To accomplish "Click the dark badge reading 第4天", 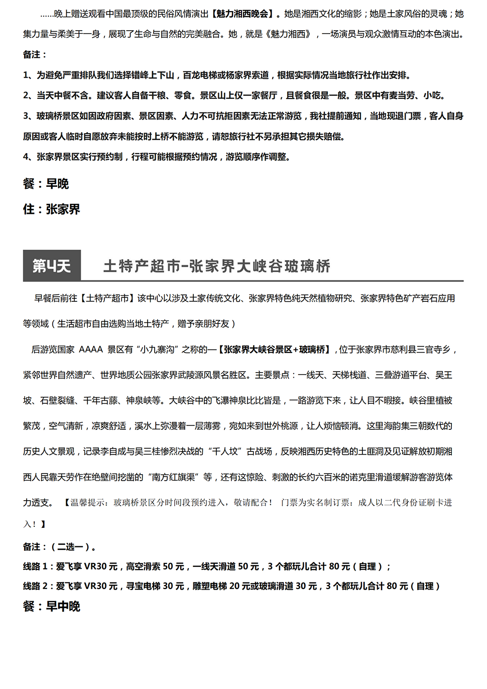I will [52, 266].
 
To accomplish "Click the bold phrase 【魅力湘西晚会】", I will [242, 14].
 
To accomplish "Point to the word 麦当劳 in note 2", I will [400, 95].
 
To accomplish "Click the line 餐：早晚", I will [46, 184].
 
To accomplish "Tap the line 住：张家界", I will [51, 209].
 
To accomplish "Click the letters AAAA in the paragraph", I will [90, 350].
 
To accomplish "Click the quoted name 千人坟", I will [224, 451].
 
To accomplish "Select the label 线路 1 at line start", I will [35, 566].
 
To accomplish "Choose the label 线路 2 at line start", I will [35, 586].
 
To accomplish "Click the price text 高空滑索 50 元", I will [155, 566].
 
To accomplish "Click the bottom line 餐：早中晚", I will [51, 607].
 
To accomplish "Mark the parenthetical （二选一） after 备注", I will [73, 547].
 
